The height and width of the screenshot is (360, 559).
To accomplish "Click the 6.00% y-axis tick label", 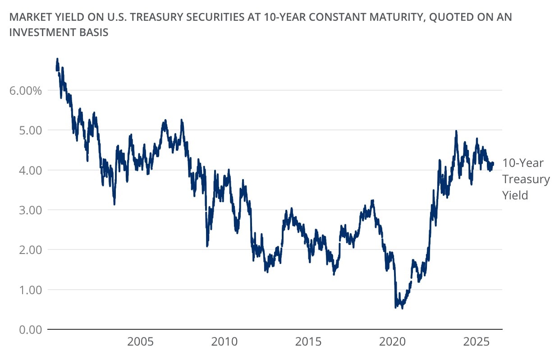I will [x=25, y=90].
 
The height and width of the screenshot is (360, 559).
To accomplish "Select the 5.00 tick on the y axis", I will [x=29, y=130].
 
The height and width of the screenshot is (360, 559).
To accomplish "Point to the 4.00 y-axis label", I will [x=29, y=170].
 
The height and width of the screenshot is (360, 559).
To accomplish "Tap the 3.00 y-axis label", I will [x=29, y=210].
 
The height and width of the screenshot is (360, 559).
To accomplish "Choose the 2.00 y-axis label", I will [x=29, y=249].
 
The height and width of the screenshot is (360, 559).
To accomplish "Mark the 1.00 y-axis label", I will [x=29, y=290].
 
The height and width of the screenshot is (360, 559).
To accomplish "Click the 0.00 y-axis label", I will [x=29, y=329].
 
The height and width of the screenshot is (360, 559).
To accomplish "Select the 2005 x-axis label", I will [x=140, y=341].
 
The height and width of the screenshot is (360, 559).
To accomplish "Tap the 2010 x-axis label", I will [x=225, y=341].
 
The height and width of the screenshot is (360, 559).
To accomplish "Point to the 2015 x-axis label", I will [x=309, y=341].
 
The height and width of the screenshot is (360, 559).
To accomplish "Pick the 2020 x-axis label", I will [x=393, y=341].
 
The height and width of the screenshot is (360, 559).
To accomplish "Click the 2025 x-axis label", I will [x=477, y=341].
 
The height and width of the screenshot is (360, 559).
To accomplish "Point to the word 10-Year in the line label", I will [x=523, y=163].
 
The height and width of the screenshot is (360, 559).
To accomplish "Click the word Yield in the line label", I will [x=515, y=195].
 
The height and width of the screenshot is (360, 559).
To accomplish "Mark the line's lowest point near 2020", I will [x=402, y=308].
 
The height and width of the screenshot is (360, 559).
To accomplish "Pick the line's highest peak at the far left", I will [x=57, y=59].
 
